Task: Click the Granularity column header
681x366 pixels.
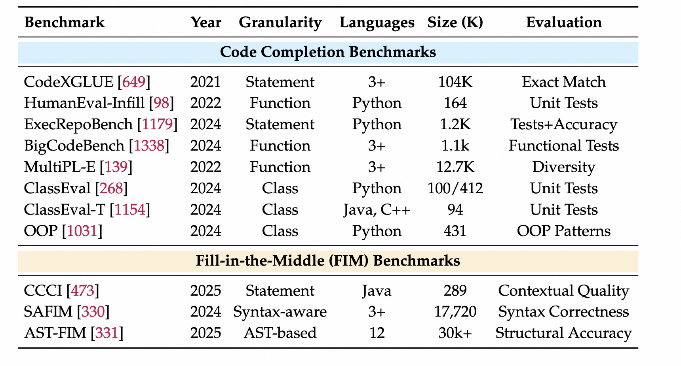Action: pos(280,23)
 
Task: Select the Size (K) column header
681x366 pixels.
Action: pos(455,23)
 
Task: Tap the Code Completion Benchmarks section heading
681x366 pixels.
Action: pos(328,52)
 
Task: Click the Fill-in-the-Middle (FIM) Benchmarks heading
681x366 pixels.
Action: pos(328,261)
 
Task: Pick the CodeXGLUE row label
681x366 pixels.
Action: pos(68,82)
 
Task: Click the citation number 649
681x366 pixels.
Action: pos(134,82)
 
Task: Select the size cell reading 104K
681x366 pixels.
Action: pos(455,82)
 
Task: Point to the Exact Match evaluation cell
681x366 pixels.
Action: pos(564,82)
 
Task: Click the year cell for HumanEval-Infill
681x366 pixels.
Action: pos(205,103)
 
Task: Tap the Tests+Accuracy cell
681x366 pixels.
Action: pos(564,125)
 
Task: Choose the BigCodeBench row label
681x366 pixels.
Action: pos(74,146)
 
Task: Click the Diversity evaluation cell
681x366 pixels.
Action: pos(564,167)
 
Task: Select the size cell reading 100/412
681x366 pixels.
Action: pos(455,189)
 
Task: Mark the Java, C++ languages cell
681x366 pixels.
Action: pos(377,210)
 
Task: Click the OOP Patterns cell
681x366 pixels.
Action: pos(564,231)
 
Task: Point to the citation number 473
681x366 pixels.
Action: pos(83,291)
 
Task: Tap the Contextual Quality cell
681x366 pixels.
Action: pos(564,291)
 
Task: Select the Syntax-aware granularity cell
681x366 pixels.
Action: pos(280,312)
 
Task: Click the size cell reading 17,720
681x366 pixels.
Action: pos(455,312)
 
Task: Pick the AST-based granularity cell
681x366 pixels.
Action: pos(280,333)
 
